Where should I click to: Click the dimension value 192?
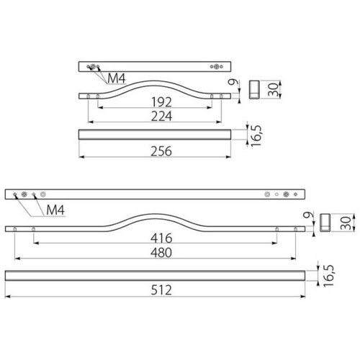(161, 102)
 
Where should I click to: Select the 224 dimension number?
(161, 116)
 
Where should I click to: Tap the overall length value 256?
(161, 151)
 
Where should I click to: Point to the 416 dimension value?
(161, 238)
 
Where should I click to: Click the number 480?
(161, 253)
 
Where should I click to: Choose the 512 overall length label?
(161, 290)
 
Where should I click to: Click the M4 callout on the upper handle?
(117, 78)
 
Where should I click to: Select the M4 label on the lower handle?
(55, 210)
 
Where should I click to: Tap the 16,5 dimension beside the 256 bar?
(256, 136)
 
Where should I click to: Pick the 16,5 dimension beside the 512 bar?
(329, 276)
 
